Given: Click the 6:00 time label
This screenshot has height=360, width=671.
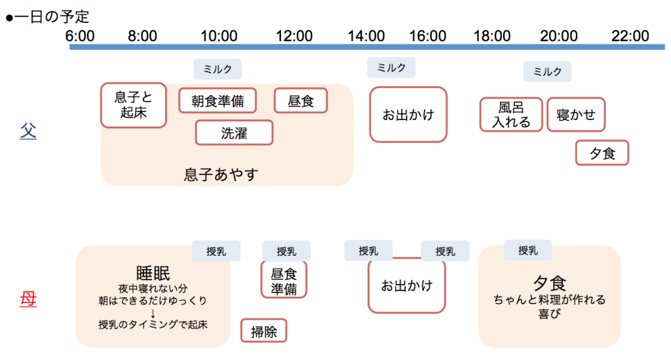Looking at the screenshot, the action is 79,36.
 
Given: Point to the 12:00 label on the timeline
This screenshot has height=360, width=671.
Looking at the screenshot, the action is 294,36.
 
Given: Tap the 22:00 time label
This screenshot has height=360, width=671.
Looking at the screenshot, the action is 630,36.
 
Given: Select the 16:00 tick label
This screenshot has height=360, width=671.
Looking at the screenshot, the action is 427,36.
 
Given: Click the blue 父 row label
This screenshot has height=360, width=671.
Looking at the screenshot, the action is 28,131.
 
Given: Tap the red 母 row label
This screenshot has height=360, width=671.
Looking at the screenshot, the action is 28,299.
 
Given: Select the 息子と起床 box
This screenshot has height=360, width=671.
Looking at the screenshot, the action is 134,106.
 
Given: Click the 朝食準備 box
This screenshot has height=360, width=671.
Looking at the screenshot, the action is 218,100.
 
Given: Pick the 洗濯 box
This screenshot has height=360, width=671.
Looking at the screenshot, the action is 234,132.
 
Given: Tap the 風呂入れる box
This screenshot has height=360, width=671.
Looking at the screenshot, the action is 511,114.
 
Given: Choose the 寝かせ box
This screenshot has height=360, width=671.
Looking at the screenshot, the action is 576,114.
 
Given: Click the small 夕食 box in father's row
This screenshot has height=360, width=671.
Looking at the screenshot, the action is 602,153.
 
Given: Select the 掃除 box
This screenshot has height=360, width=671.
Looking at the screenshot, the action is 263,330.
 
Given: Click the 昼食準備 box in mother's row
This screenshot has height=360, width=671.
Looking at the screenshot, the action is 284,280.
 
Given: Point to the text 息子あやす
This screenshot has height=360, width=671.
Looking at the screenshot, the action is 221,174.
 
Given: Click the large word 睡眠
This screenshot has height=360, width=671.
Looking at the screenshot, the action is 153,273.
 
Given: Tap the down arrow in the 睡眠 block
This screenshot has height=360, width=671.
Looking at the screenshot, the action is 153,313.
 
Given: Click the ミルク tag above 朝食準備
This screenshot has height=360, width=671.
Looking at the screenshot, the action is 218,69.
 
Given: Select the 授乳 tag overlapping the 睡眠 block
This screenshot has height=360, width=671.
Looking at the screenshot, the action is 216,251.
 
